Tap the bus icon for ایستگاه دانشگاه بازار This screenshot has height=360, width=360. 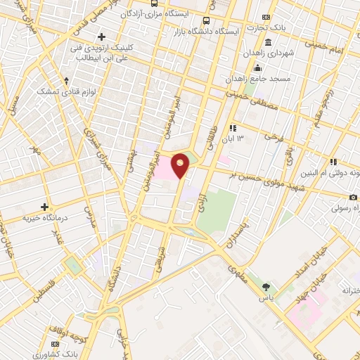[x=206, y=21]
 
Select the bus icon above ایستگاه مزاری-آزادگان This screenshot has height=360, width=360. [x=154, y=3]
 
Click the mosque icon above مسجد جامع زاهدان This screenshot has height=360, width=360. [x=258, y=67]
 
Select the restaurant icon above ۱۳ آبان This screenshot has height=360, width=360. [x=231, y=128]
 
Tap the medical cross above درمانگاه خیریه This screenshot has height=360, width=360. [x=44, y=207]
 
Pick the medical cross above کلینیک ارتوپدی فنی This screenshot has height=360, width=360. [x=102, y=37]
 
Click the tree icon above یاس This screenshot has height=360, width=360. [x=266, y=286]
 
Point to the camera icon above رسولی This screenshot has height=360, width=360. [x=353, y=198]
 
